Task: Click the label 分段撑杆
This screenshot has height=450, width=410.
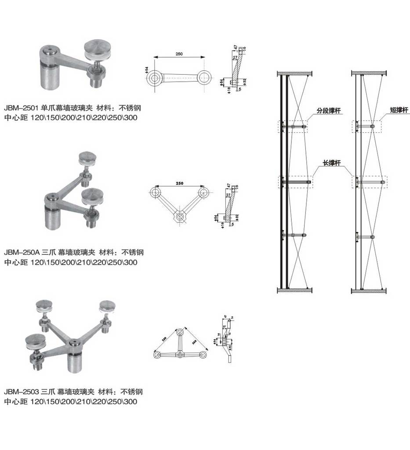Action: point(329,110)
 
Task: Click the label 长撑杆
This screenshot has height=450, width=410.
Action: point(332,163)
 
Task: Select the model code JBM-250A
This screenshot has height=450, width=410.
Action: point(22,253)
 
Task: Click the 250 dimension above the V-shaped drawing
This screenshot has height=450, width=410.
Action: point(179,183)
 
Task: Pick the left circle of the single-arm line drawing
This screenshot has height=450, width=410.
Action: point(154,79)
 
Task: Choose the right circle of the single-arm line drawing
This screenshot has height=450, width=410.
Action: point(203,79)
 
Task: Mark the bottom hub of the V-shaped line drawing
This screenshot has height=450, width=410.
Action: point(179,217)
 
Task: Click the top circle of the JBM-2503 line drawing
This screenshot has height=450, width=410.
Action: point(180,332)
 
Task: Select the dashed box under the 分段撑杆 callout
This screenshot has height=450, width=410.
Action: point(292,127)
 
